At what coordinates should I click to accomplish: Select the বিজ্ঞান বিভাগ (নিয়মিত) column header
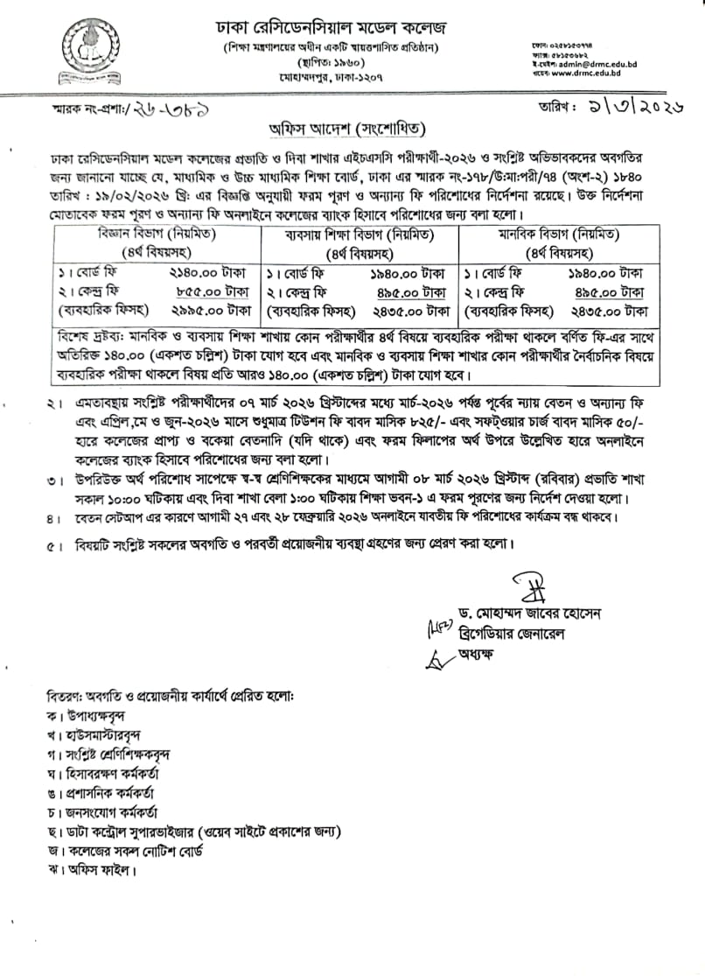pyautogui.click(x=158, y=234)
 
